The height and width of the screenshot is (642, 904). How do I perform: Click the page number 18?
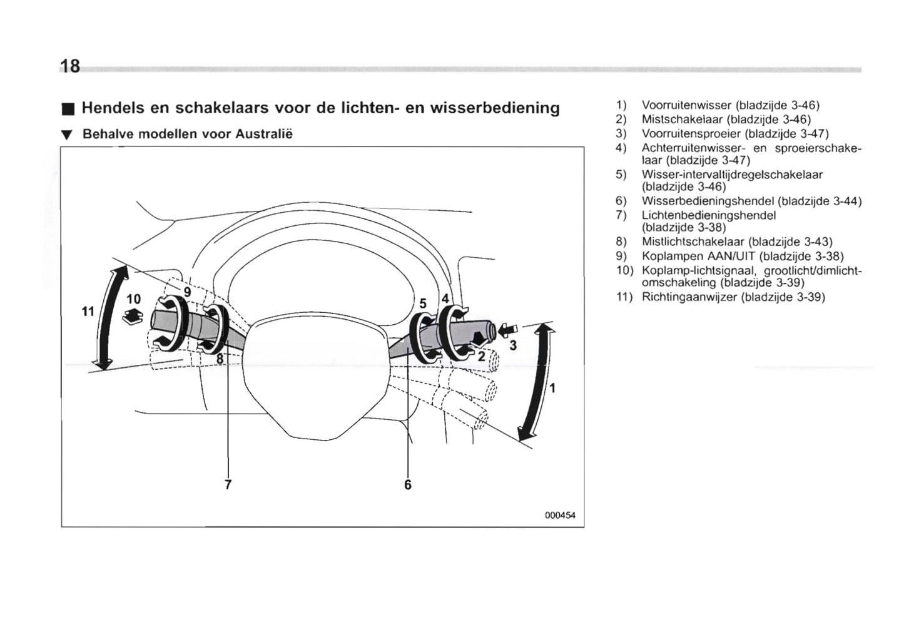[x=70, y=66]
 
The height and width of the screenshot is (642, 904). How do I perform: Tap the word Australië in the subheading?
[x=267, y=134]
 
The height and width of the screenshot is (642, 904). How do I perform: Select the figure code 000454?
[x=559, y=516]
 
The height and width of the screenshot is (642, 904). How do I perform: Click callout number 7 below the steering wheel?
[x=228, y=484]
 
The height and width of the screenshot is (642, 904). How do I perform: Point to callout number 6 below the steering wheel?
[x=408, y=484]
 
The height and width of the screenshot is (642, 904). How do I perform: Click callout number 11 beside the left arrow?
[x=88, y=311]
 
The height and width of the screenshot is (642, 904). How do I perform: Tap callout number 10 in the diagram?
[x=134, y=298]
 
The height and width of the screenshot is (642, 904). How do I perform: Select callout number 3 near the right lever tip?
[x=513, y=345]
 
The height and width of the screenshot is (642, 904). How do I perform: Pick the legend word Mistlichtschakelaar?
[x=693, y=242]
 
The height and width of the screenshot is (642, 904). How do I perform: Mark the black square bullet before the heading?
[x=68, y=110]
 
